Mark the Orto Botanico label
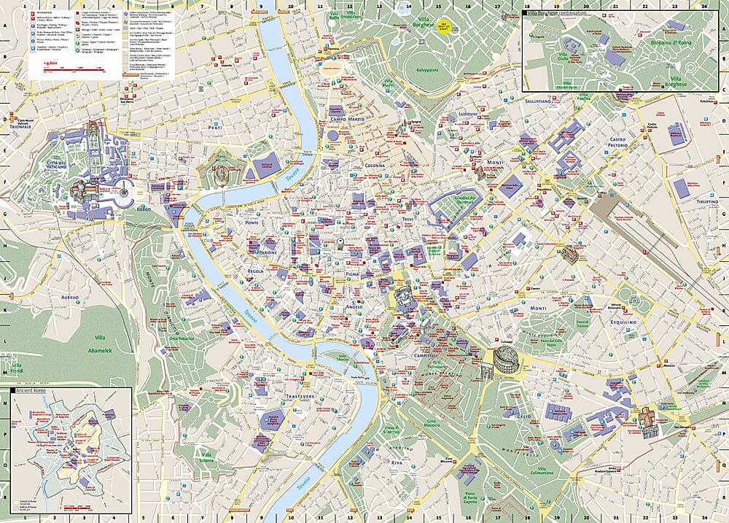[x=183, y=338]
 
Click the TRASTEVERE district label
[x=300, y=396]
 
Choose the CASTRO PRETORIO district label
[x=617, y=142]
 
